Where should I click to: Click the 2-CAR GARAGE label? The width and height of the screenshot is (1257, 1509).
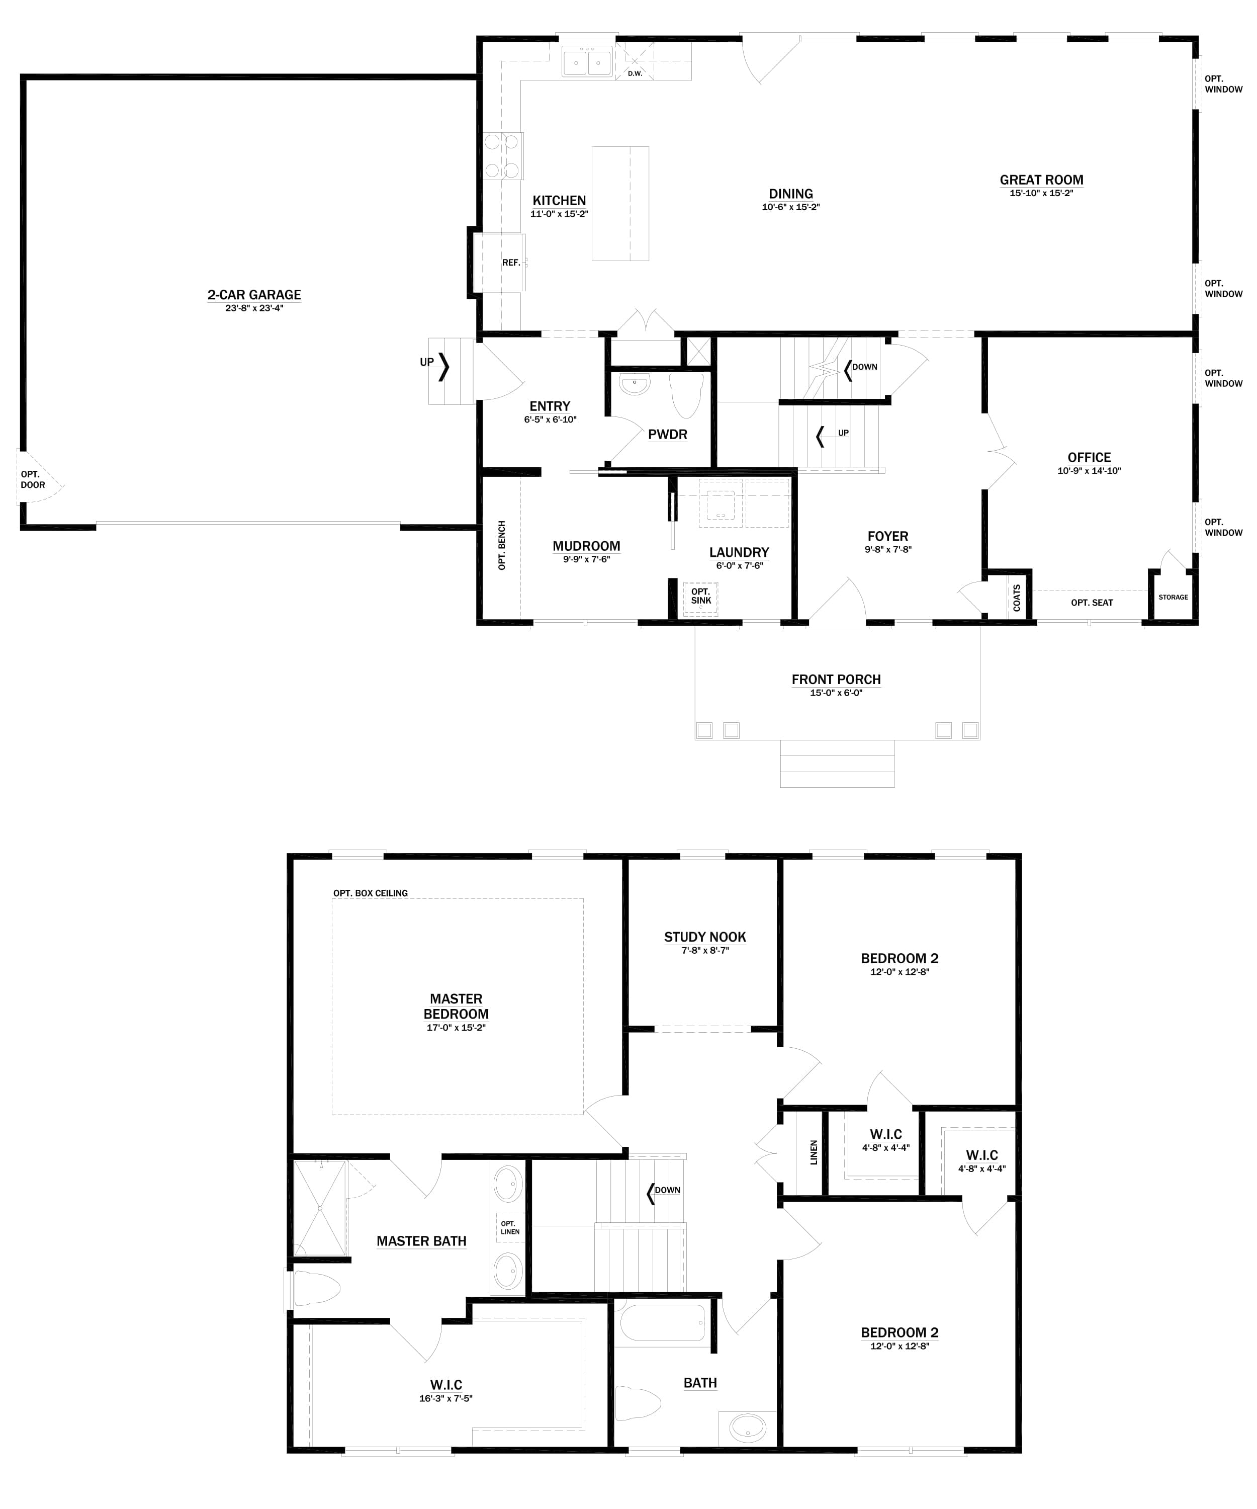(254, 295)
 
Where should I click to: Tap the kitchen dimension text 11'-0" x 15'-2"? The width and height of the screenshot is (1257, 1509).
(559, 214)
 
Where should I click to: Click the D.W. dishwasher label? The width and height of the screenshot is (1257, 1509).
(635, 73)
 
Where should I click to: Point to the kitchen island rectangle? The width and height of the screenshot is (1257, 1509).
(620, 203)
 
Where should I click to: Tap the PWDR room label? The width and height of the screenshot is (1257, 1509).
(667, 435)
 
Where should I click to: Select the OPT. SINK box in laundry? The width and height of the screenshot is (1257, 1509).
(700, 597)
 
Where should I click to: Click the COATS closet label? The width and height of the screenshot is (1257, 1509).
(1016, 598)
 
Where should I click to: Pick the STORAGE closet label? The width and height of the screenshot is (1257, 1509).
(1173, 597)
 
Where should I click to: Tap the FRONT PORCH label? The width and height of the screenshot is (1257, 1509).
(835, 680)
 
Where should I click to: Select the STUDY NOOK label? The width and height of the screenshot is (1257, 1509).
(704, 937)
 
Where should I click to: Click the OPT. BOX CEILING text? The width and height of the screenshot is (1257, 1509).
(370, 893)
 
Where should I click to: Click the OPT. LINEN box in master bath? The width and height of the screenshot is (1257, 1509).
(510, 1227)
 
